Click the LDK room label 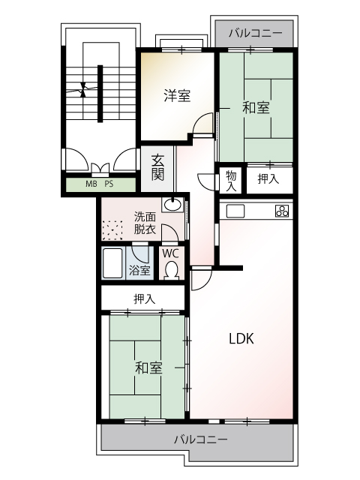point(241,338)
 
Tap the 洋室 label point(177,95)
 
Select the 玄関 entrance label point(157,168)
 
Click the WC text point(170,253)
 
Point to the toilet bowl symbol point(172,270)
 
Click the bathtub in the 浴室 point(112,263)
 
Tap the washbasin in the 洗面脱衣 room point(172,204)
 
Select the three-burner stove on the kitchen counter point(282,211)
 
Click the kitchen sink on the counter point(235,211)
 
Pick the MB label point(91,184)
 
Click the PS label point(109,184)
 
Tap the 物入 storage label point(231,181)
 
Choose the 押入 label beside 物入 point(268,178)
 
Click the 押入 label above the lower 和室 point(145,298)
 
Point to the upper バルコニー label point(255,33)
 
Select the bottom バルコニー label point(201,439)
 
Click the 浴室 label point(139,270)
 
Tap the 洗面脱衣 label point(145,223)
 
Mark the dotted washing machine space point(112,230)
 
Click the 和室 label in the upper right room point(256,108)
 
